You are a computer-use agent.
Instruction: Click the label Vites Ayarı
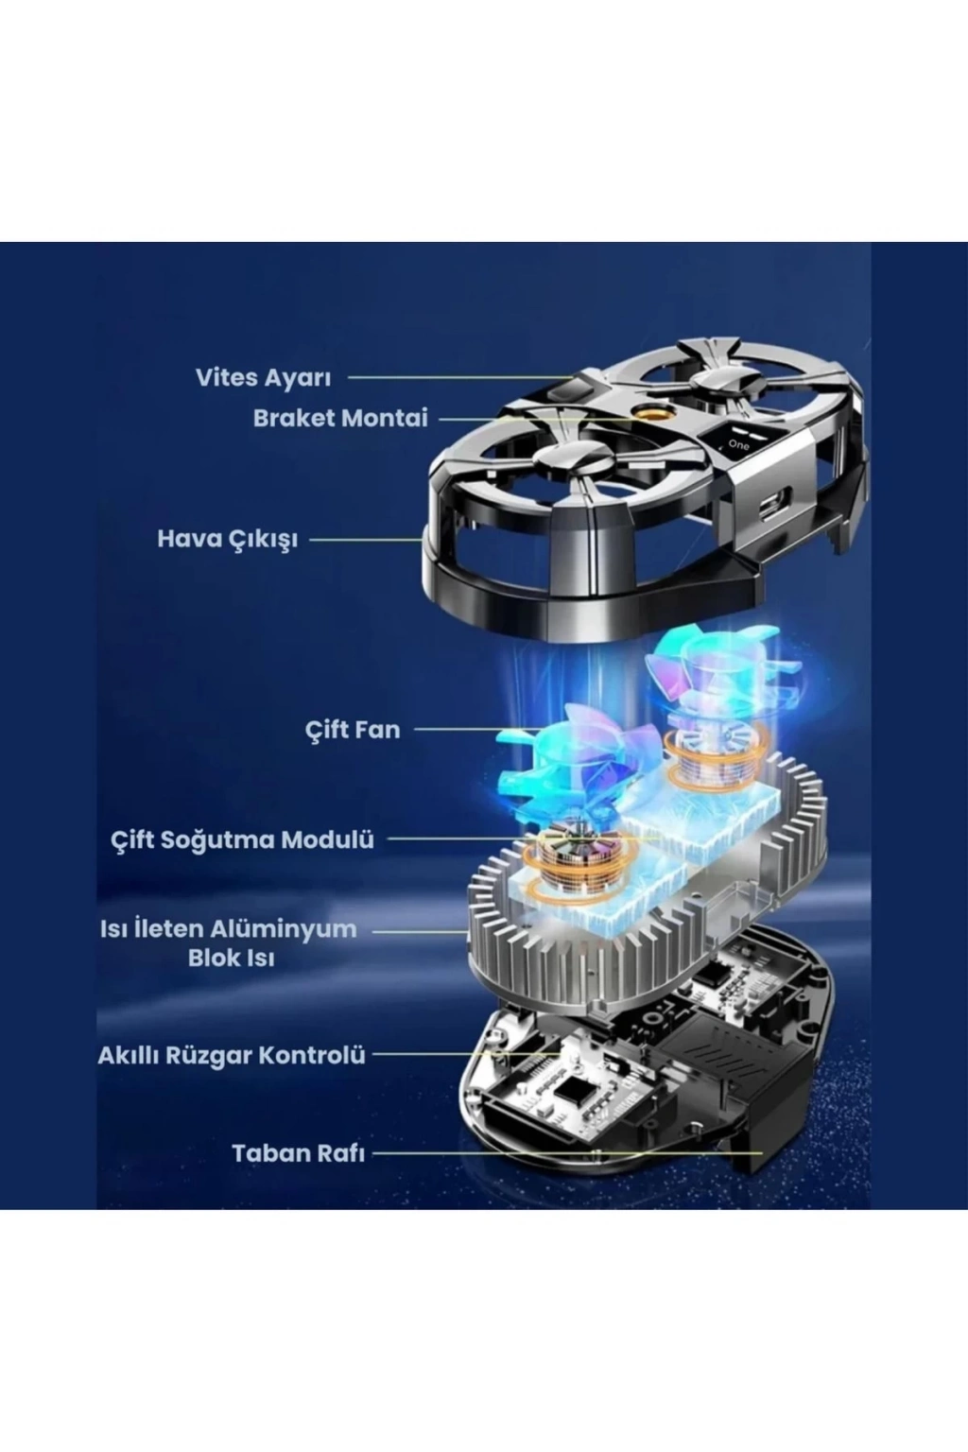[263, 378]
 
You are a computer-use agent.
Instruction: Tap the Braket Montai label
[340, 419]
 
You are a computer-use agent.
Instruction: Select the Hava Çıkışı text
[228, 540]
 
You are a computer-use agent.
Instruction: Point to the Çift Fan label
[353, 730]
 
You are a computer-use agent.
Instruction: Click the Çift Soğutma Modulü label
[243, 840]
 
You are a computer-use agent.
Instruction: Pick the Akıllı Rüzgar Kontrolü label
[232, 1055]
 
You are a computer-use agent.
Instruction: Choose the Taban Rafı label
[298, 1154]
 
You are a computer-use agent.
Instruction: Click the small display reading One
[737, 441]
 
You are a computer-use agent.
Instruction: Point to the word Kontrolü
[313, 1055]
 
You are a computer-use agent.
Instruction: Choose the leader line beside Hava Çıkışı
[366, 539]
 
